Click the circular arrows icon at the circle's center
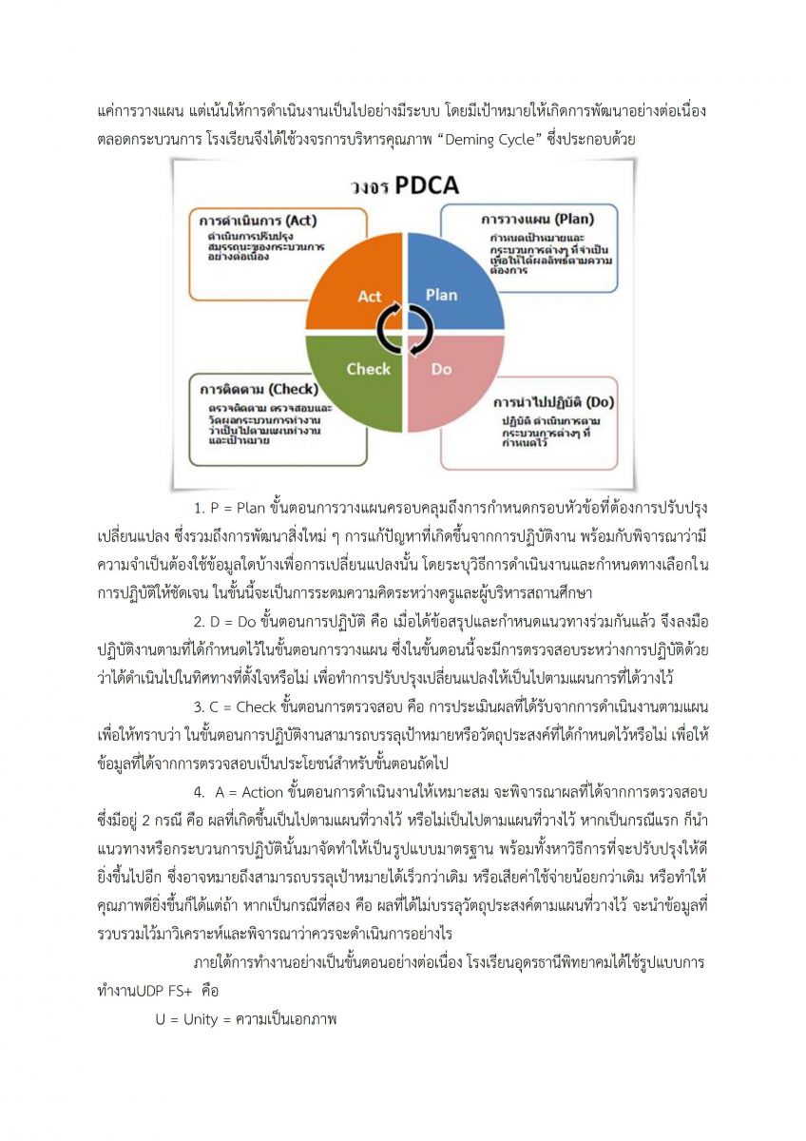405,329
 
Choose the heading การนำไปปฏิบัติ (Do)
556,402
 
